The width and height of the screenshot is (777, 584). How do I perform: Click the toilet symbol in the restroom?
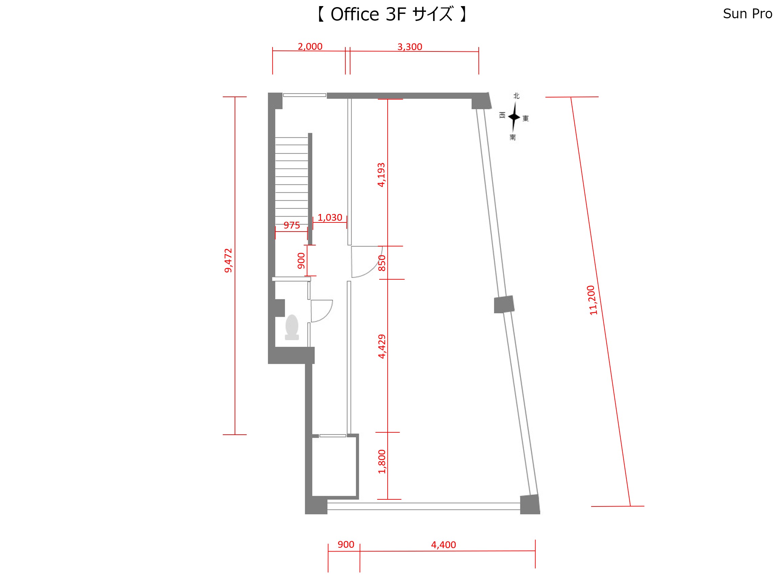click(x=292, y=327)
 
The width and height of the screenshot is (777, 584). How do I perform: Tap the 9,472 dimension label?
click(x=228, y=260)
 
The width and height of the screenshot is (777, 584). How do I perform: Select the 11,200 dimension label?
click(x=592, y=300)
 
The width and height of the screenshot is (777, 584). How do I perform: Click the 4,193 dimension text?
click(x=381, y=175)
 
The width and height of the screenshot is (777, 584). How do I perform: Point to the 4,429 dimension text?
click(x=382, y=346)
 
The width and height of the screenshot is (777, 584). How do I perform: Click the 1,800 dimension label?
click(x=382, y=462)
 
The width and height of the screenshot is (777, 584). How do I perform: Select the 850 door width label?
click(x=382, y=263)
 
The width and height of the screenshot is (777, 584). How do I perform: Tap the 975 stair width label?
click(x=292, y=225)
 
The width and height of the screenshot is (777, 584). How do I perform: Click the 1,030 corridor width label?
click(x=330, y=218)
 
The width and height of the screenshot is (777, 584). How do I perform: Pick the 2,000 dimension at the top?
click(x=310, y=46)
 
